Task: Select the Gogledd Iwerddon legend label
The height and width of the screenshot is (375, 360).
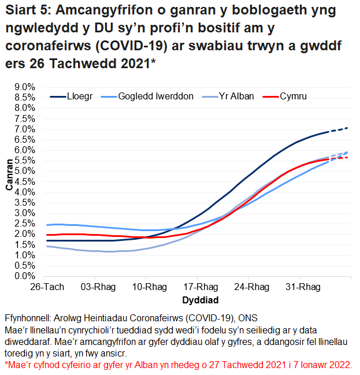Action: (155, 96)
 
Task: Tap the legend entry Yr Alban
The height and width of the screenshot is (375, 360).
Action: (238, 96)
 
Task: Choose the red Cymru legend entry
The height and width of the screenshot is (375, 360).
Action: (292, 96)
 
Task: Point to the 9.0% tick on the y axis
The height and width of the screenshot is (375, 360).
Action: (24, 87)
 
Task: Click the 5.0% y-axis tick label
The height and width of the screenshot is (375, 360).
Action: (24, 171)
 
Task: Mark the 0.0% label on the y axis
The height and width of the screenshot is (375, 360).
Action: (24, 276)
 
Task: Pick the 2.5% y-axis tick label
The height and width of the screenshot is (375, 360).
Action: (24, 224)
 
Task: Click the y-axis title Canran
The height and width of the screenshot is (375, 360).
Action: (10, 174)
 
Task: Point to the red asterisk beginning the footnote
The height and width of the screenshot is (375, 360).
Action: (6, 365)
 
